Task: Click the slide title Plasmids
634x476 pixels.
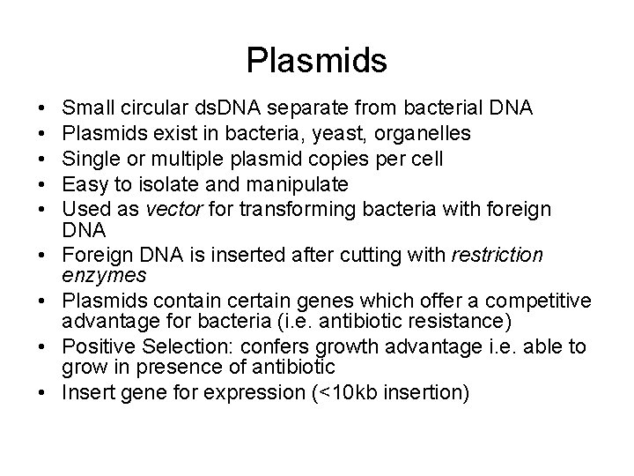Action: [x=317, y=60]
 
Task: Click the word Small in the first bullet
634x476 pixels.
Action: [x=85, y=108]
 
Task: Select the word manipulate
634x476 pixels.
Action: [x=301, y=183]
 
